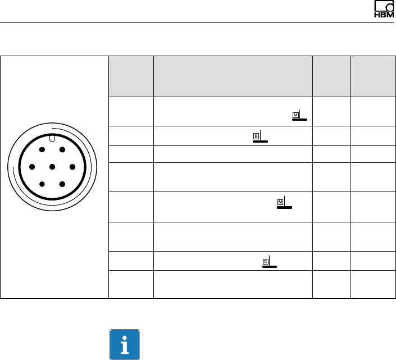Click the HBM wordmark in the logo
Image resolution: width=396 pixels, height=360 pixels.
click(x=384, y=15)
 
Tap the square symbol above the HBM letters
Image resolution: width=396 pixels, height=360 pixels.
click(x=384, y=6)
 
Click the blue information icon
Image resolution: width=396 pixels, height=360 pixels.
click(x=124, y=344)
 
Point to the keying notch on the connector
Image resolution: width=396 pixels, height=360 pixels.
click(x=52, y=138)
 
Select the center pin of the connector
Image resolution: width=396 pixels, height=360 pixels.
click(x=52, y=167)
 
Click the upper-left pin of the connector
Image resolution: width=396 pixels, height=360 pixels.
click(x=42, y=150)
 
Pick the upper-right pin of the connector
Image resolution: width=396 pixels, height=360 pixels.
click(x=62, y=150)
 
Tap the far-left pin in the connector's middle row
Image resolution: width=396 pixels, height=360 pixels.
click(x=32, y=167)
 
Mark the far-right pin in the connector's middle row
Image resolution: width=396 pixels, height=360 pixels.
click(x=72, y=167)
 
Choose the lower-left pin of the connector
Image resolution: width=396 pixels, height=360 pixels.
click(x=42, y=184)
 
